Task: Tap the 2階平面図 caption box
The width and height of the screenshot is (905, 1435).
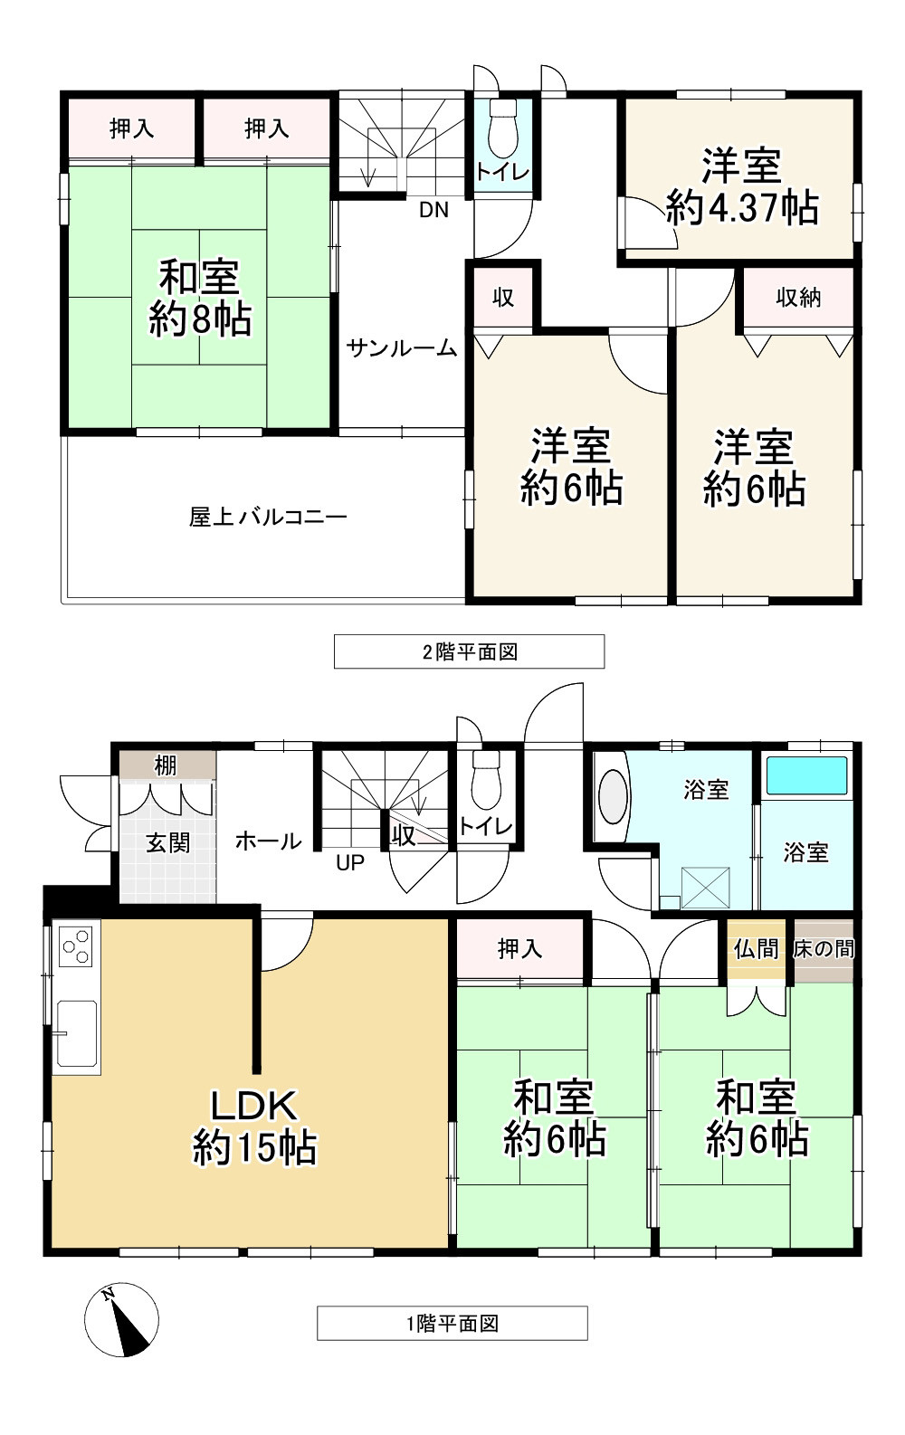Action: pos(469,651)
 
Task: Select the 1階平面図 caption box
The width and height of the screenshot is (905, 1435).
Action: pos(452,1323)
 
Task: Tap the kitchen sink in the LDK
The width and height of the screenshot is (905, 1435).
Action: pos(76,1032)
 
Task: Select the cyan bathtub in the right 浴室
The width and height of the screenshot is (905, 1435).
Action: pos(807,775)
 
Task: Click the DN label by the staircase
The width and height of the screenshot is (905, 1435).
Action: pos(433,210)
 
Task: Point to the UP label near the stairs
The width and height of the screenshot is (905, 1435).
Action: pos(350,863)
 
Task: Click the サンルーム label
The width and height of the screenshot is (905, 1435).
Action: pos(402,348)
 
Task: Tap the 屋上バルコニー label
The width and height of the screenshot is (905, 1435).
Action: pos(268,517)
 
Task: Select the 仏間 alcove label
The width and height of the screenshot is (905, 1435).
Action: pos(757,949)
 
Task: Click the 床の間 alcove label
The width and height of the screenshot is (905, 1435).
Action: pos(824,949)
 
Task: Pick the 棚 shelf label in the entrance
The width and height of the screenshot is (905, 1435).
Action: pos(166,765)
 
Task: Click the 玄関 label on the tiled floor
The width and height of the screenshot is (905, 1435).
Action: pos(168,842)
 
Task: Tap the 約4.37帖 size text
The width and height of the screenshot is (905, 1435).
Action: pos(742,207)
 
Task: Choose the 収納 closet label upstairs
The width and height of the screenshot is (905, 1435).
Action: pos(798,298)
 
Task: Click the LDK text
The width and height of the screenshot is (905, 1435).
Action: pos(254,1105)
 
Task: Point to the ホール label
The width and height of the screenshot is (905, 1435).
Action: pos(269,841)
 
